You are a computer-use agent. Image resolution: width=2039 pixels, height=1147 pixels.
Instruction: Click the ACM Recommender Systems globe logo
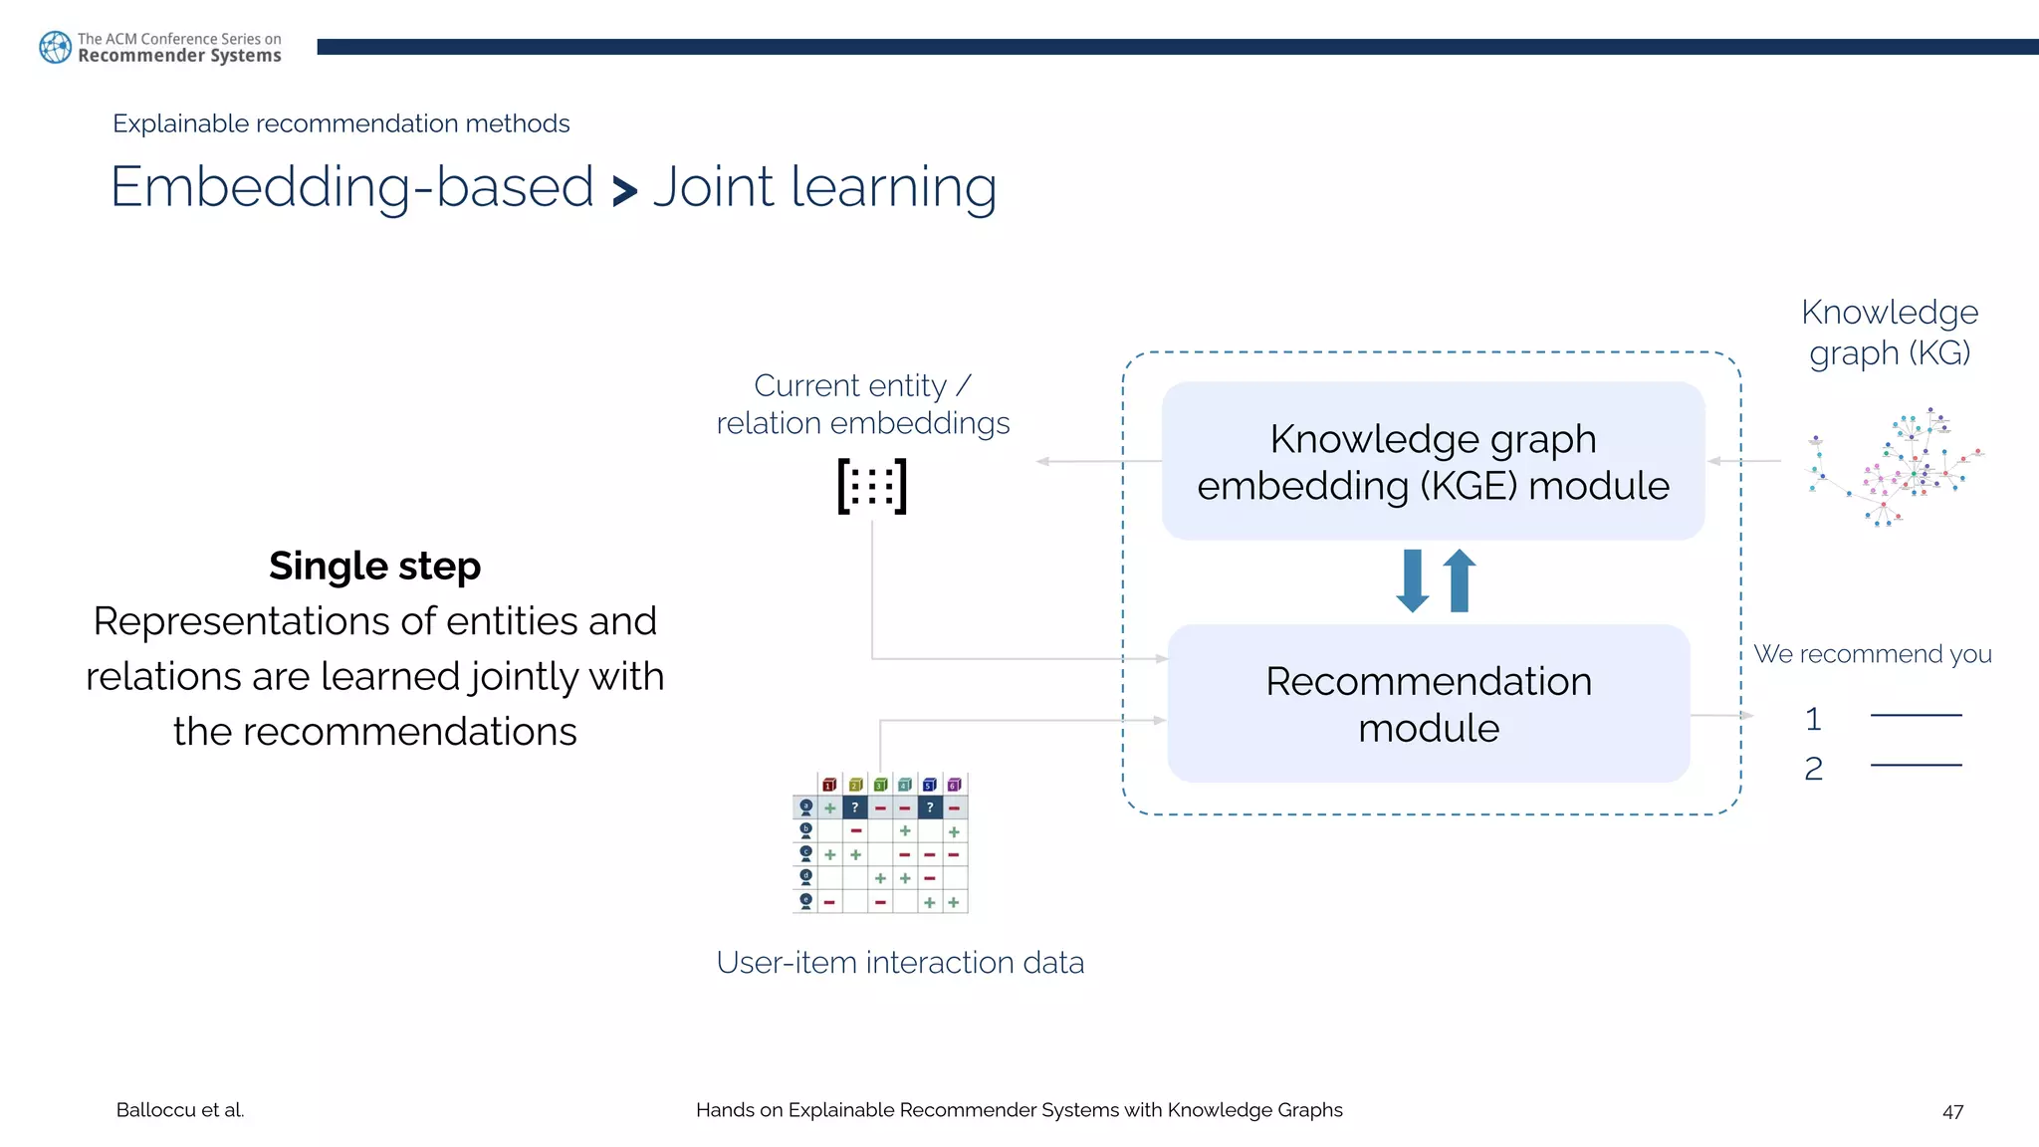click(55, 47)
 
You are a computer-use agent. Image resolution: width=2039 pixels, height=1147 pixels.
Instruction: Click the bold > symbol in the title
click(624, 191)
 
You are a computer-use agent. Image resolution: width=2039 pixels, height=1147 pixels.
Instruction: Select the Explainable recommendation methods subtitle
click(340, 123)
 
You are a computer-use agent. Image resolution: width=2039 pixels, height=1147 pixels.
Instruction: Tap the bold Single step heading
click(374, 566)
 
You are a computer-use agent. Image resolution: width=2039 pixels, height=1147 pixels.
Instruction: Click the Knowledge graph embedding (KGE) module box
click(1433, 461)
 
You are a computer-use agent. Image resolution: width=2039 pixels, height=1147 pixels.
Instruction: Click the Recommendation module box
click(1429, 704)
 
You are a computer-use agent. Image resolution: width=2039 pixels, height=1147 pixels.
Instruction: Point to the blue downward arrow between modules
click(1412, 580)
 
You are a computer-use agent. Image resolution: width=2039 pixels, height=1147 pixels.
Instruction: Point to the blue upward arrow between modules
click(1460, 580)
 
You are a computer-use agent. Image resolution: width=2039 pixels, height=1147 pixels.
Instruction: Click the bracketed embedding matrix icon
click(872, 486)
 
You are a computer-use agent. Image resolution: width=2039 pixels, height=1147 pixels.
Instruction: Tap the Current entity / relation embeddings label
click(862, 404)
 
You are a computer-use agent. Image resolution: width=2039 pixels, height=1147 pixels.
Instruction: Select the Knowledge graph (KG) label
click(1889, 333)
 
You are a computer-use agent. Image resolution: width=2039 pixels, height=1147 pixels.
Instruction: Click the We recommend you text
click(1872, 654)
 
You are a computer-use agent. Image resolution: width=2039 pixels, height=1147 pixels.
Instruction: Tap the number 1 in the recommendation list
click(1813, 719)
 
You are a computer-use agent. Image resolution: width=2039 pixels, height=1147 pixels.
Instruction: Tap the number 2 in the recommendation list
click(1813, 769)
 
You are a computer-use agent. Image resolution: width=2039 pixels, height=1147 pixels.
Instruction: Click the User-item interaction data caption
click(900, 963)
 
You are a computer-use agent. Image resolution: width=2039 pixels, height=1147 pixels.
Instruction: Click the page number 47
click(1952, 1111)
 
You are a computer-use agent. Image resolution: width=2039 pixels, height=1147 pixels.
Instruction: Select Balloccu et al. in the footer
click(180, 1110)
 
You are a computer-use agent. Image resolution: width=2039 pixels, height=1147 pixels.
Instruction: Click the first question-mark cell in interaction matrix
click(854, 807)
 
